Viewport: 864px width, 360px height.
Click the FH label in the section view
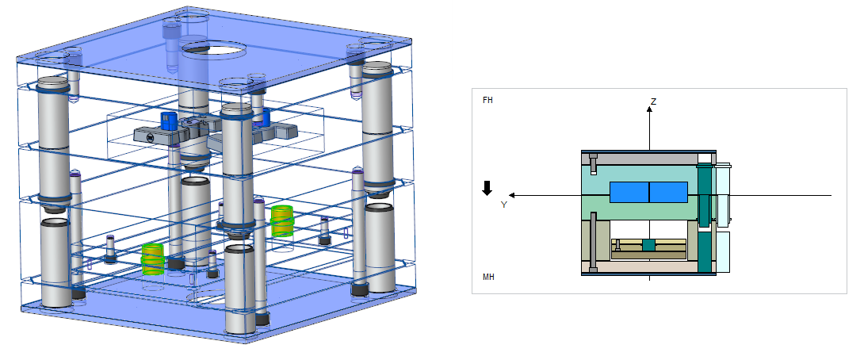pos(487,101)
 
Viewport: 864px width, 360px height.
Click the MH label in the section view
pos(488,277)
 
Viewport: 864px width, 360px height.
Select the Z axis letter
pos(653,101)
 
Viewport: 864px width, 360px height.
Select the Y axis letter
pos(503,205)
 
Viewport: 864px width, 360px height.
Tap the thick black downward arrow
pos(487,188)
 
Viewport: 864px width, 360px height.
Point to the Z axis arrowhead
pos(649,109)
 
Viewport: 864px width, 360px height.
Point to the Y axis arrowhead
pos(514,194)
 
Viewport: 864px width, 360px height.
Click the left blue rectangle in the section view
pos(629,193)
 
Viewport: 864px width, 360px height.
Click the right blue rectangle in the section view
pos(668,193)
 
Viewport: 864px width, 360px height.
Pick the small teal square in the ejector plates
pos(649,246)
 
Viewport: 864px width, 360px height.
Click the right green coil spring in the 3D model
pos(281,220)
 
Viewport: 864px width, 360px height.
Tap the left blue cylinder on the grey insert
pos(168,121)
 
